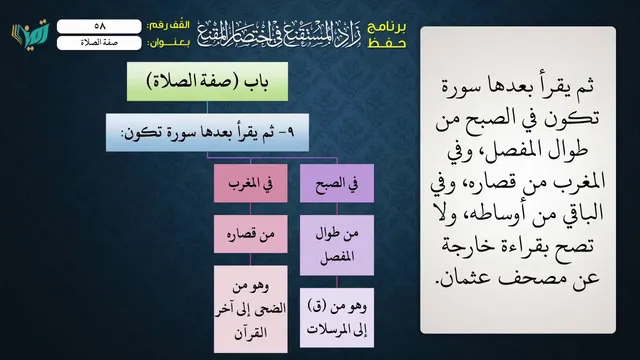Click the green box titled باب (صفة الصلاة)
207,82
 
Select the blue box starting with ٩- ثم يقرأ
207,133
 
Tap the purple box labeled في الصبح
337,183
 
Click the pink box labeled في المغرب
251,183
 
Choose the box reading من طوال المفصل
337,245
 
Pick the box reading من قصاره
251,234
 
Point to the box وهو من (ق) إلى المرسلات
337,318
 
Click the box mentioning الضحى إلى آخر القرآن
251,309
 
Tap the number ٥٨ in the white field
100,26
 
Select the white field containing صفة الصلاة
99,43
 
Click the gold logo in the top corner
30,33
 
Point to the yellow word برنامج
387,27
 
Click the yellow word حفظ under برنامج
387,43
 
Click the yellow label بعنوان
168,43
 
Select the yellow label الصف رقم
168,26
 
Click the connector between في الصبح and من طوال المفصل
337,209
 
